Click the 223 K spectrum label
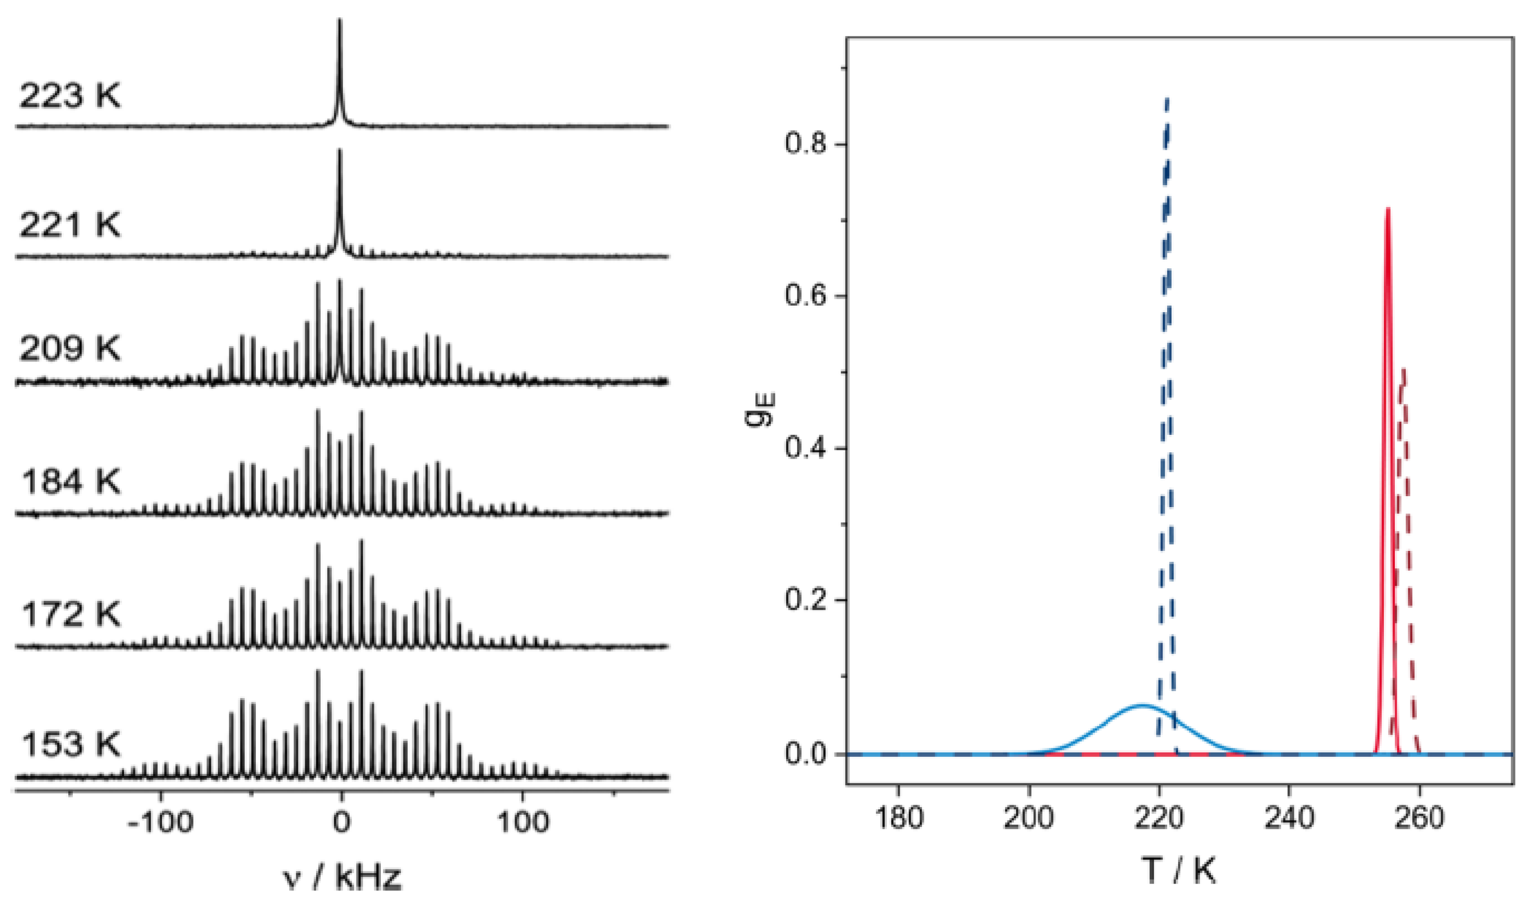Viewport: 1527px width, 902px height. pyautogui.click(x=70, y=96)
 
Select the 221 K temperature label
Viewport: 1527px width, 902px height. pyautogui.click(x=70, y=225)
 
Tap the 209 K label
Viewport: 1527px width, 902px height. pyautogui.click(x=70, y=349)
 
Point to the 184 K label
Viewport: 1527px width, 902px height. pyautogui.click(x=71, y=483)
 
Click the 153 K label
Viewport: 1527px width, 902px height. pyautogui.click(x=71, y=744)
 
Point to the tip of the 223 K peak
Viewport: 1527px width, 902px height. pyautogui.click(x=339, y=19)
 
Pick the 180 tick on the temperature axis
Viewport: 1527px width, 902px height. pyautogui.click(x=898, y=818)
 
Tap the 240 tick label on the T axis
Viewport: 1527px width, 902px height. pyautogui.click(x=1288, y=818)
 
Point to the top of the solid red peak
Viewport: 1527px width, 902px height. pyautogui.click(x=1387, y=208)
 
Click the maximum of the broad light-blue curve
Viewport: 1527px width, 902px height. pyautogui.click(x=1142, y=705)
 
